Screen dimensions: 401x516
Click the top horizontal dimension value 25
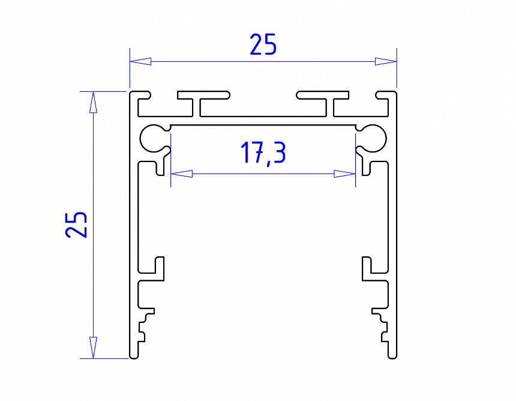263,45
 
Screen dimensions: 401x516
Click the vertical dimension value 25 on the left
77,225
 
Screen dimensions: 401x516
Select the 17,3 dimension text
263,153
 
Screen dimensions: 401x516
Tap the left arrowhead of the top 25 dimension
140,61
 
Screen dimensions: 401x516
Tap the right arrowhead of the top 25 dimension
385,61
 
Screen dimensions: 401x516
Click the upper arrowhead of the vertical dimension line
93,102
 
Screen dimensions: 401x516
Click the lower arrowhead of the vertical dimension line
93,348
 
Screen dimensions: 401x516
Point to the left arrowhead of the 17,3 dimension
181,174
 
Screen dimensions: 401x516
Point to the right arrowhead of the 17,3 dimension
345,174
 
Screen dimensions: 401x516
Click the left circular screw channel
154,139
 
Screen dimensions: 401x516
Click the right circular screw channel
373,139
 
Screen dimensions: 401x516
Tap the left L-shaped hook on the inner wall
157,270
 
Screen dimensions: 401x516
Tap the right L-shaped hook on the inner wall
370,270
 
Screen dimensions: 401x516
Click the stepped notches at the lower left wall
145,324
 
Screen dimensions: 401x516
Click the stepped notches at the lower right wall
382,324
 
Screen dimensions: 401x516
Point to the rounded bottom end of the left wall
134,356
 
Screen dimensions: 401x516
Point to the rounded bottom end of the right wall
393,356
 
